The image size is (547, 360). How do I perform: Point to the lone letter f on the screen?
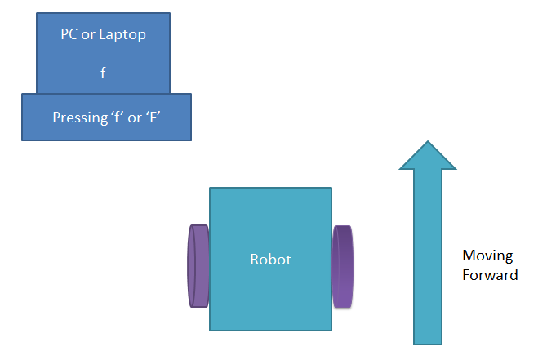[x=103, y=72]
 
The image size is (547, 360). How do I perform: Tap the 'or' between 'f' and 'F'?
[x=136, y=118]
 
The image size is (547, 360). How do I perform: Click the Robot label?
[x=270, y=260]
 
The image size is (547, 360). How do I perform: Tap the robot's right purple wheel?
[x=343, y=267]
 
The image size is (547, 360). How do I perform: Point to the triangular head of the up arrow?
[x=427, y=156]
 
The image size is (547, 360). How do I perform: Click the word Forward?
[x=490, y=275]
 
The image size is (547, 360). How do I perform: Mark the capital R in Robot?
[x=255, y=260]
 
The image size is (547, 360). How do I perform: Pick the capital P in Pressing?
[x=56, y=117]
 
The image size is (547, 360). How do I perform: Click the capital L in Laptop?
[x=106, y=36]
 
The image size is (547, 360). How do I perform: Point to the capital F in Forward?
[x=466, y=275]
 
